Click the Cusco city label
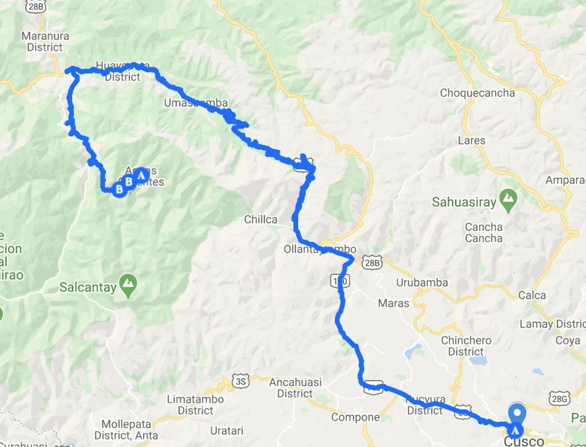point(525,441)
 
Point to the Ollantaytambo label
point(320,249)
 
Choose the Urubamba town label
point(422,283)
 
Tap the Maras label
point(394,303)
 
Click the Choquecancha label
point(477,93)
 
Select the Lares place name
point(472,140)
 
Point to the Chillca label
point(260,219)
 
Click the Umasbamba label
point(195,103)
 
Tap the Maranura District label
point(45,42)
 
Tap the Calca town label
point(532,296)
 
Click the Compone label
point(355,417)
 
